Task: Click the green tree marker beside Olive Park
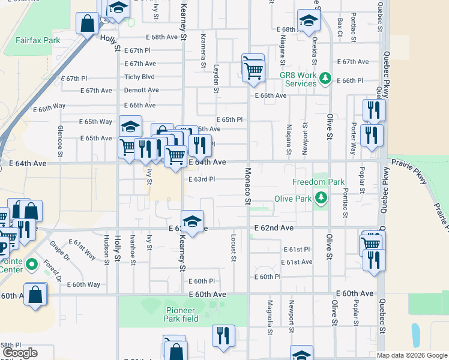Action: pos(322,197)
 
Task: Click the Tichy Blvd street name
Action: pos(139,77)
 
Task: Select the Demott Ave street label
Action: pos(141,90)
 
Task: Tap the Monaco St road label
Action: pos(247,186)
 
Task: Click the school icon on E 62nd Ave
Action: pos(192,221)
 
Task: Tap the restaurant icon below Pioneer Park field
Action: pos(223,335)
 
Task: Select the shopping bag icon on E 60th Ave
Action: pos(36,294)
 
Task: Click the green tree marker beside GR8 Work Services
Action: pos(325,77)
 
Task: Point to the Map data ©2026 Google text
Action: pos(412,355)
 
